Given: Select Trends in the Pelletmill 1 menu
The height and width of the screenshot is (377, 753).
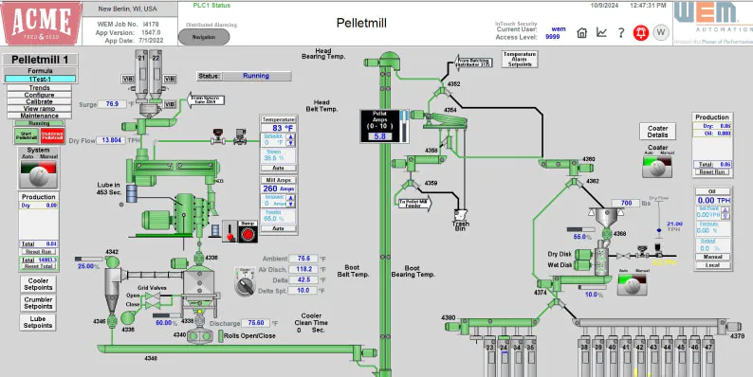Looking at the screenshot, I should tap(39, 87).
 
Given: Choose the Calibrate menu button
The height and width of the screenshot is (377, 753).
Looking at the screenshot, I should tap(39, 101).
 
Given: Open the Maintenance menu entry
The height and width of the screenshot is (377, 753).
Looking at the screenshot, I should tap(39, 116).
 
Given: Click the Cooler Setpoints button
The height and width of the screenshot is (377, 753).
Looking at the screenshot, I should tap(39, 284).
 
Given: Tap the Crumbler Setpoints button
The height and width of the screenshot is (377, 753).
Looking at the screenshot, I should tap(39, 303).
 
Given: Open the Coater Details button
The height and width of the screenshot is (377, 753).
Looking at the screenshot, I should tap(658, 131).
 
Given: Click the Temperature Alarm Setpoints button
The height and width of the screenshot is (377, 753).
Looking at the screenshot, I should tap(521, 61).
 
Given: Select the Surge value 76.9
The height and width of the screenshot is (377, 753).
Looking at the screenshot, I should tap(112, 104).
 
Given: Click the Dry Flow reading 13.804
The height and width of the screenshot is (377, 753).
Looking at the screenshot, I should tap(111, 140).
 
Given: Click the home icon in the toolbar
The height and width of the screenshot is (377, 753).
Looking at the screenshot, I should tap(582, 32).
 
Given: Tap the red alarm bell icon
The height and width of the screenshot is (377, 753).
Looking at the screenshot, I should tap(640, 32).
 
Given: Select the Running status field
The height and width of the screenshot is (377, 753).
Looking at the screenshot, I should tap(254, 76).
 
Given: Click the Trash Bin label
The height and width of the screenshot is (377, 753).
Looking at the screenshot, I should tap(463, 225).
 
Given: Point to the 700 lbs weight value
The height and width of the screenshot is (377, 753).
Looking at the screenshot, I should tap(626, 203).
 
